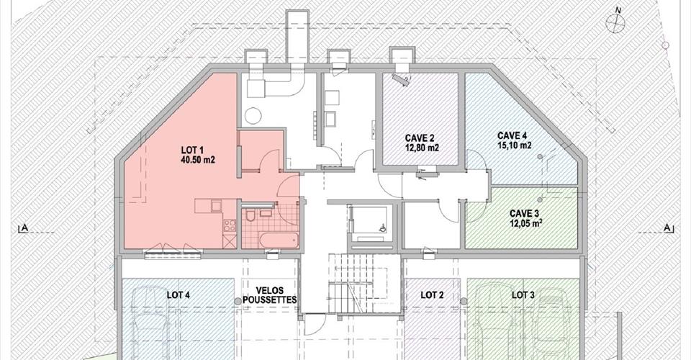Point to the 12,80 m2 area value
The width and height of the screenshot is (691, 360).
coord(423,148)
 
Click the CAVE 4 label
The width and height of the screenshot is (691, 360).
coord(512,135)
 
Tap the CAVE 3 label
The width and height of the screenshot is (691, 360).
coord(523,213)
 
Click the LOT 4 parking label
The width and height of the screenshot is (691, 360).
coord(178,295)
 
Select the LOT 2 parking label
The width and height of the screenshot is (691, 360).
coord(432,295)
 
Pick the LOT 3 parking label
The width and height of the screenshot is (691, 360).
coord(523,294)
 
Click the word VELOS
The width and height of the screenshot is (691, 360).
coord(270,291)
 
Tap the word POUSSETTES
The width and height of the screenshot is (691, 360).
coord(270,300)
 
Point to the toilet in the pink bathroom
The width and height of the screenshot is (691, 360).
coord(250,215)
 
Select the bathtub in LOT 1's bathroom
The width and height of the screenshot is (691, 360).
coord(279,240)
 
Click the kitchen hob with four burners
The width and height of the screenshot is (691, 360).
coord(229,225)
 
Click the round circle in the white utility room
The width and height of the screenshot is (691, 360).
coord(253,116)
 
